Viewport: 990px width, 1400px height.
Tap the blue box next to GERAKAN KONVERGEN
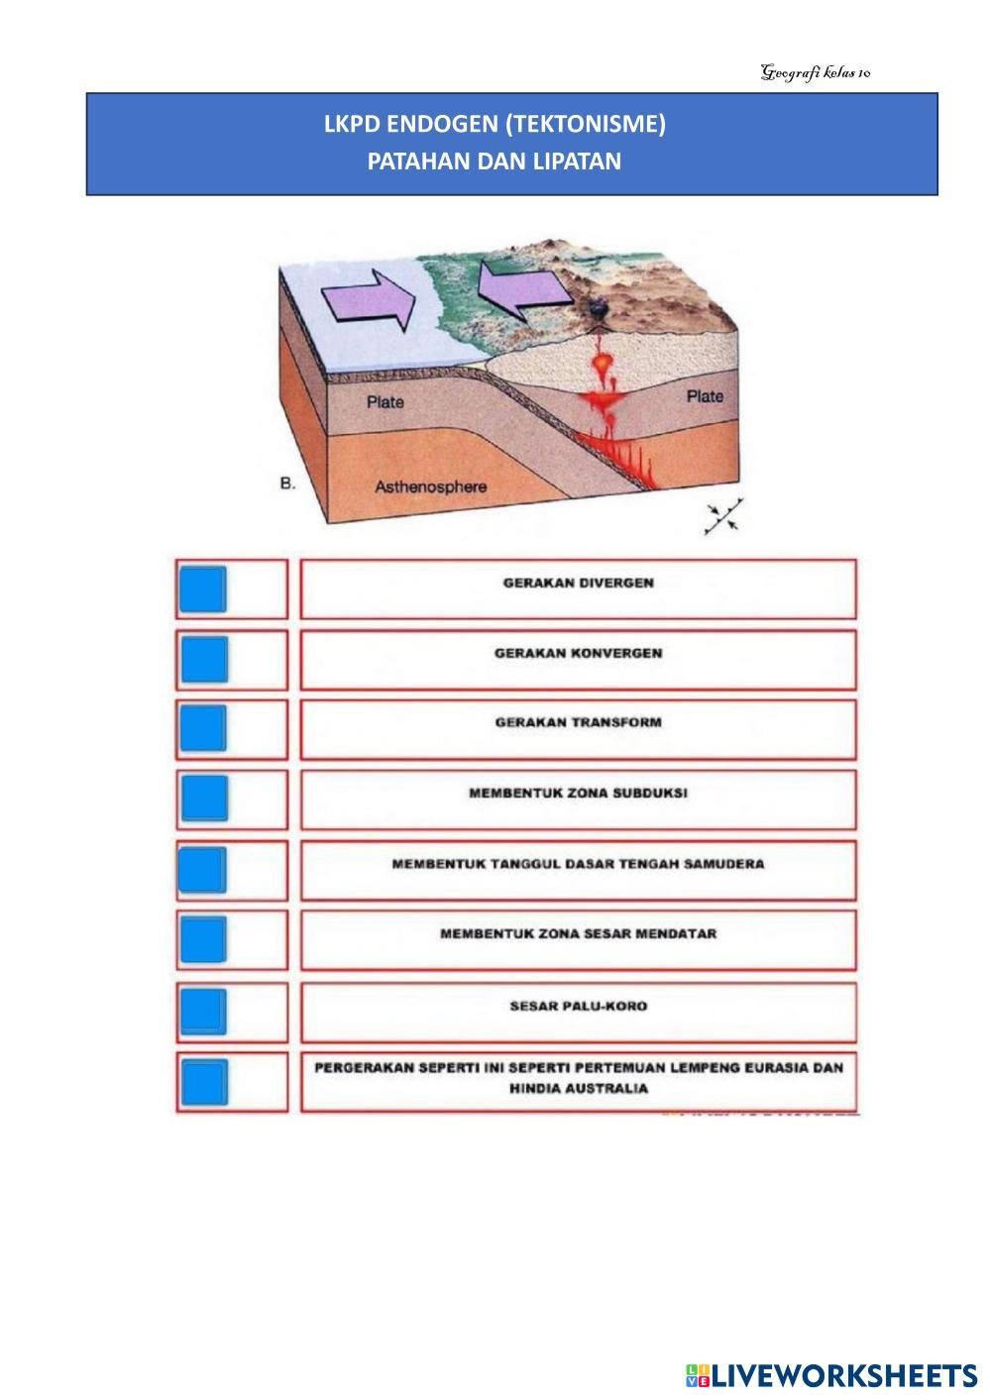[x=203, y=659]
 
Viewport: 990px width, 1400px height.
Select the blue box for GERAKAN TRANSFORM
[x=203, y=728]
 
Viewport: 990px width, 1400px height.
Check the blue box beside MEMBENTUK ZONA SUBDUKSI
[x=203, y=799]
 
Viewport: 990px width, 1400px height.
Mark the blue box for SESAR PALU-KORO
[x=203, y=1011]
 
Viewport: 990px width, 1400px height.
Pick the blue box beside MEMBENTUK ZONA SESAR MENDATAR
[x=203, y=939]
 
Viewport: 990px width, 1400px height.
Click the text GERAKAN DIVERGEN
[x=578, y=583]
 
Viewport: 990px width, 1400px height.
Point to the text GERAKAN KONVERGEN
[x=578, y=653]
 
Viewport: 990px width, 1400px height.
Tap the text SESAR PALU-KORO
[x=578, y=1006]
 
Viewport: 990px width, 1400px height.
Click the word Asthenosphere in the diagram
[x=430, y=486]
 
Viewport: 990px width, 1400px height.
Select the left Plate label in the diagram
[x=385, y=402]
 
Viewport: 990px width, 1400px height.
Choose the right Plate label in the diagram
[x=706, y=396]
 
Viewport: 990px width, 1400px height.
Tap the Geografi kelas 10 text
[x=816, y=72]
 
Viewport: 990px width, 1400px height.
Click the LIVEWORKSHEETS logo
[x=830, y=1374]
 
